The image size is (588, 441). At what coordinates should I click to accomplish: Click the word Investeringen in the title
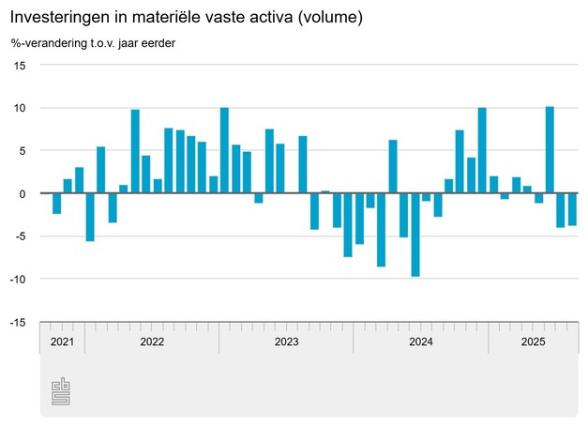[x=58, y=18]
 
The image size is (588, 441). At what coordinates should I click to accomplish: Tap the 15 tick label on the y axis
[x=20, y=66]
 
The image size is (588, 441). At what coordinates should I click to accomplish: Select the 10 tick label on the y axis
[x=20, y=109]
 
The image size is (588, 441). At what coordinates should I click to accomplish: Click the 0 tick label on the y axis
[x=23, y=193]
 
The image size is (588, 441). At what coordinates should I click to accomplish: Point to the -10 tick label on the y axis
[x=18, y=280]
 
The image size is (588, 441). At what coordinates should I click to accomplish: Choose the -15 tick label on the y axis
[x=18, y=322]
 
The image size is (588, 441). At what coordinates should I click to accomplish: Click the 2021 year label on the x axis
[x=62, y=342]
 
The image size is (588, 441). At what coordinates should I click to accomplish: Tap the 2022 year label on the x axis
[x=152, y=342]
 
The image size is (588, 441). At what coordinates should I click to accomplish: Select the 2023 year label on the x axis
[x=286, y=342]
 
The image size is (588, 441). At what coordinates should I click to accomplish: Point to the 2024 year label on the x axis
[x=421, y=342]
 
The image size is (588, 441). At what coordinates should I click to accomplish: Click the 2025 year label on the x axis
[x=534, y=342]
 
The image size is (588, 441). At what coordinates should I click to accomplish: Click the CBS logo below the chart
[x=61, y=392]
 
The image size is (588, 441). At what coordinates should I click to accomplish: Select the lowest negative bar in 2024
[x=415, y=235]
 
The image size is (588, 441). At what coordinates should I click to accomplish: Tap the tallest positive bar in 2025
[x=550, y=150]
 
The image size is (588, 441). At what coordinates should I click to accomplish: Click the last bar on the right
[x=572, y=209]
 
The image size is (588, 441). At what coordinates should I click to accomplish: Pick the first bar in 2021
[x=56, y=204]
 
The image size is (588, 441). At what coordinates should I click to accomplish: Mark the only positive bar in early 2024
[x=393, y=167]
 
